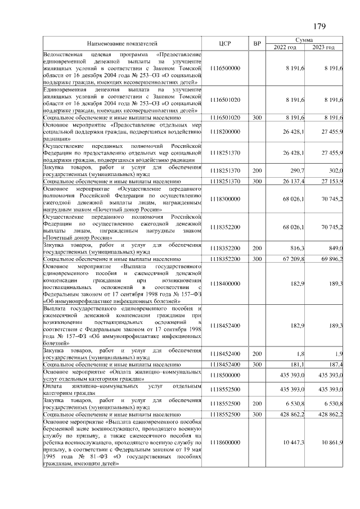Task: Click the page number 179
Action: [x=319, y=26]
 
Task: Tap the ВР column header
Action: [x=257, y=43]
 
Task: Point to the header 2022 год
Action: [x=285, y=47]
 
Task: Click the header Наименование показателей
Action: [x=121, y=43]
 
